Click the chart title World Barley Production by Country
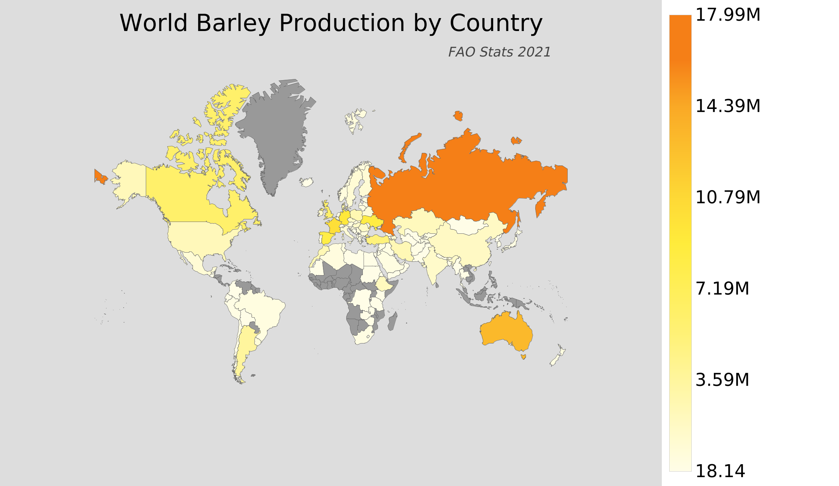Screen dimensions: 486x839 click(331, 23)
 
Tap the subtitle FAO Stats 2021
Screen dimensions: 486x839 click(499, 52)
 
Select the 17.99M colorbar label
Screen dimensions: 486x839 click(728, 16)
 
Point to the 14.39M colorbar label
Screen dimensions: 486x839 click(728, 106)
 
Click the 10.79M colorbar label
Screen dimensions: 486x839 click(728, 198)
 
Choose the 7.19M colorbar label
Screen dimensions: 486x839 click(722, 289)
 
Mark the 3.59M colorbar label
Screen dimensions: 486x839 click(722, 380)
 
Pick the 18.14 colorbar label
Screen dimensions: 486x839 click(720, 471)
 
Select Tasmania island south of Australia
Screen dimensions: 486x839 click(523, 357)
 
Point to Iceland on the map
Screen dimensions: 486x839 click(306, 182)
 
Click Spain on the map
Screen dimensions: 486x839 click(327, 237)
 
